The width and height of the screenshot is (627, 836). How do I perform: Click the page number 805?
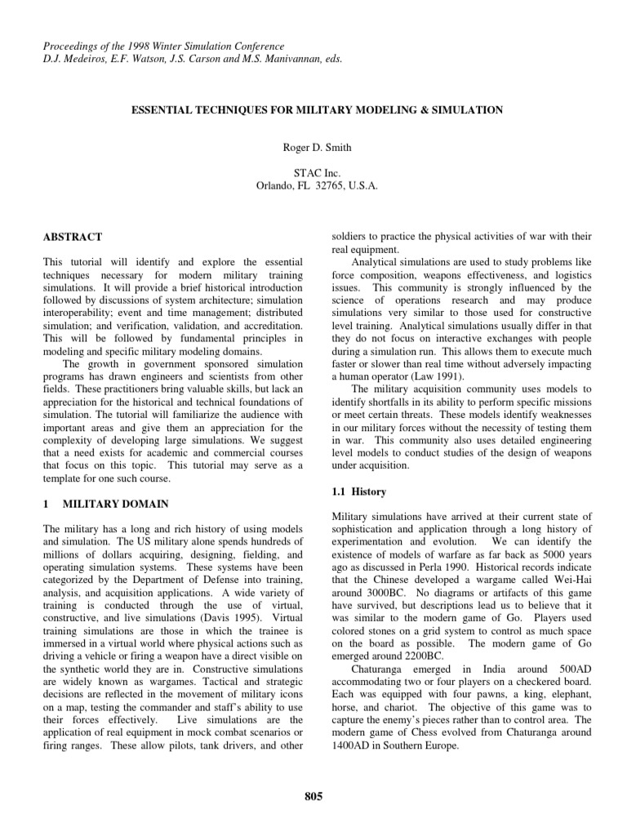[x=313, y=797]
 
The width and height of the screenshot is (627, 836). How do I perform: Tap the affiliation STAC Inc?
[x=313, y=173]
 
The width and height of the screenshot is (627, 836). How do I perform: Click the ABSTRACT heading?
[x=73, y=238]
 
